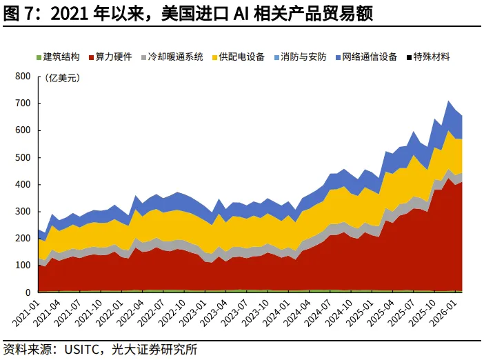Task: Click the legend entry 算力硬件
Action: [110, 57]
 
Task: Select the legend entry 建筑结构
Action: [58, 57]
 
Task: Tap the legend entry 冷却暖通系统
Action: [172, 57]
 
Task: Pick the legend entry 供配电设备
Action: [239, 57]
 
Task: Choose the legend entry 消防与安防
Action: [300, 57]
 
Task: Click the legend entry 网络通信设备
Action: [366, 57]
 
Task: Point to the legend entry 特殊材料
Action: [428, 57]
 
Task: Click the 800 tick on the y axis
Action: [23, 77]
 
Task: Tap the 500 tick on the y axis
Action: [23, 157]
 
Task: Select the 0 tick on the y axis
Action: [28, 292]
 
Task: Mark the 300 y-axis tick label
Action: [23, 212]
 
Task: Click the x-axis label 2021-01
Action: [26, 312]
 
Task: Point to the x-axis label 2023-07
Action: [234, 312]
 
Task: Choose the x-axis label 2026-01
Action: [443, 312]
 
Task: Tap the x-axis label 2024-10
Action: [339, 312]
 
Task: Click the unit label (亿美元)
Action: [63, 78]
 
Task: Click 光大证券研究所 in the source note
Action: [154, 350]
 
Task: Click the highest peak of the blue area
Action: [449, 101]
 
